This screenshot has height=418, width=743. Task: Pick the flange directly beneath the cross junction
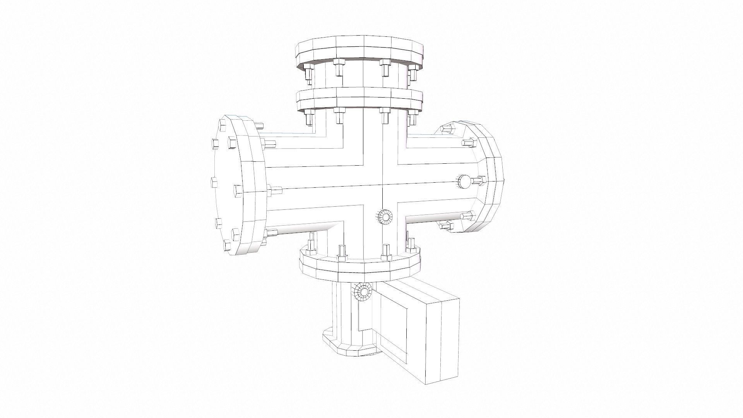pos(360,267)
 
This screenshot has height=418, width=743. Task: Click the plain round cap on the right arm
pos(465,181)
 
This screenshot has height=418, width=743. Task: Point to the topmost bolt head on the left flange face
pos(223,124)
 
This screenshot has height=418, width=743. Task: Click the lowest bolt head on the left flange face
pos(226,245)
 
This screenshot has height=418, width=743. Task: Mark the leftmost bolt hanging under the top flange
pos(308,74)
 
